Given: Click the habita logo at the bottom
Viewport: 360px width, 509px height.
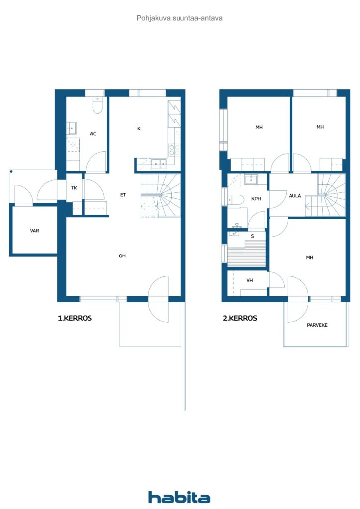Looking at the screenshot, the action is [179, 497].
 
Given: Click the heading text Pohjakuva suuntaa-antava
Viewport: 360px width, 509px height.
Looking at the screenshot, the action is [180, 18].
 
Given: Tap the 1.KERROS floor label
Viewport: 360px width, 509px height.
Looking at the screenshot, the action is [75, 318].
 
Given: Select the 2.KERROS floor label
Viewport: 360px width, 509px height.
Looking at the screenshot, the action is [240, 318].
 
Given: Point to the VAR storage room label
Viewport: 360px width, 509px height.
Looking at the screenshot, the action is [35, 231].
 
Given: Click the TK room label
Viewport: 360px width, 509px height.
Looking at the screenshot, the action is [74, 187].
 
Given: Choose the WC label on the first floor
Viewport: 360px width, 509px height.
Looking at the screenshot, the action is [93, 133].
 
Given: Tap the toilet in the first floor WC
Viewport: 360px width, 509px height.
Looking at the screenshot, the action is [97, 105].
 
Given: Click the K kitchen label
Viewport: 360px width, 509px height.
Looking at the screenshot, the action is [139, 129].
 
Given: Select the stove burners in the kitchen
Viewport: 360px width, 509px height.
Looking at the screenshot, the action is [174, 150].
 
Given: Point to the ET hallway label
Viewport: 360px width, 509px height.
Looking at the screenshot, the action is [123, 195].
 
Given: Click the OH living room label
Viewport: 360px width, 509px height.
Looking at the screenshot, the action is [122, 256].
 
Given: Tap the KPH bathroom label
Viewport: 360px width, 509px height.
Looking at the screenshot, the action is [256, 199].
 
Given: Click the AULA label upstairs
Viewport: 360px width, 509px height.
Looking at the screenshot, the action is [295, 196].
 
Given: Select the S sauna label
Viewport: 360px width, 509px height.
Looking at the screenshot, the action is [252, 236].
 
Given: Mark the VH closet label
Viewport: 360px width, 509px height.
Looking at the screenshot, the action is [249, 280].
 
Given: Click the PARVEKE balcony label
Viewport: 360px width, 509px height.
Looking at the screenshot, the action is [317, 325].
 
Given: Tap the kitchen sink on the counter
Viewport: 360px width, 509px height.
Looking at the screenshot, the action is [159, 163].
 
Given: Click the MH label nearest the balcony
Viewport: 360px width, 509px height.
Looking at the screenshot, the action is [310, 258].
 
